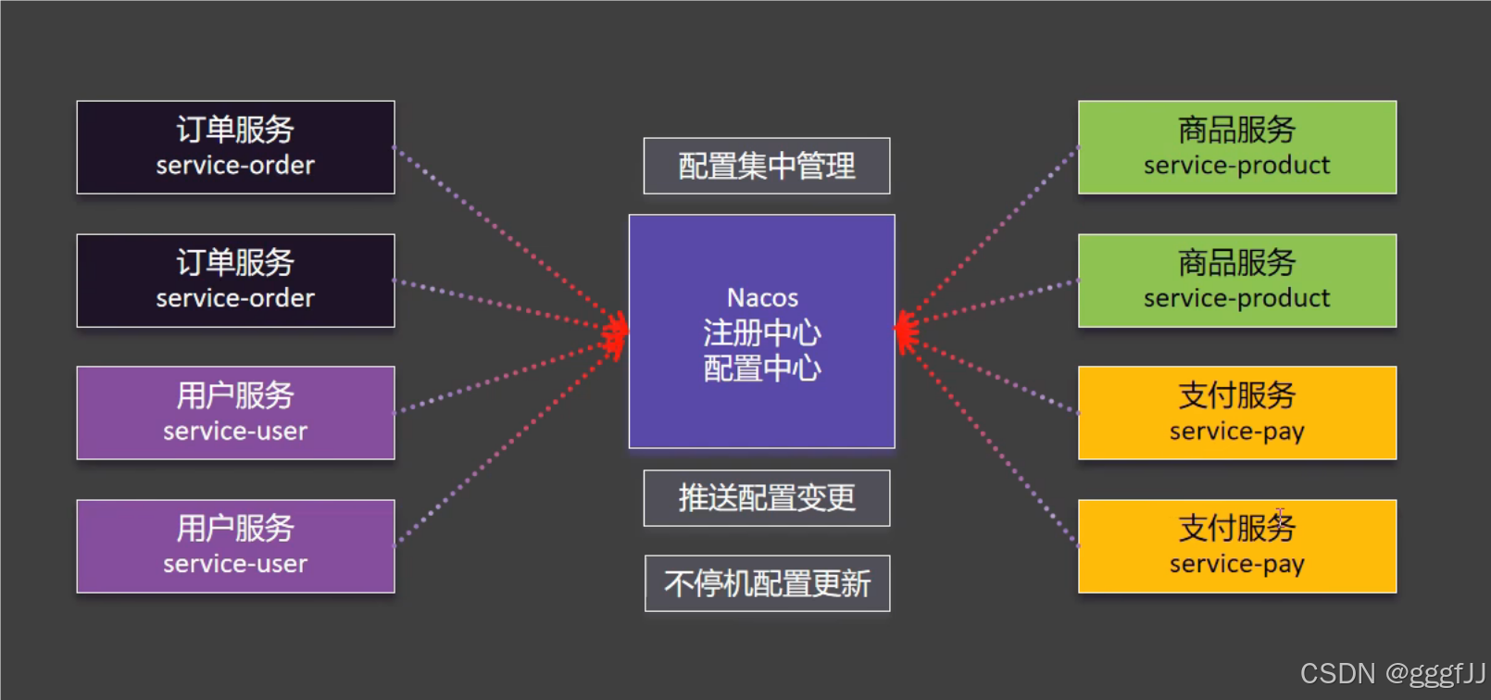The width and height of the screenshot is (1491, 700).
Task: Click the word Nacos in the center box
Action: coord(762,298)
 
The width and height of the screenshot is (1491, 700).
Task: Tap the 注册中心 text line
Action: coord(762,332)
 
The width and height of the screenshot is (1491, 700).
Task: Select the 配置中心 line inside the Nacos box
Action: coord(762,369)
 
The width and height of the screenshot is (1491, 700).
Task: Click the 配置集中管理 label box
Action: coord(767,166)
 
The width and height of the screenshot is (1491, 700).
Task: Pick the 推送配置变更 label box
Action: coord(767,498)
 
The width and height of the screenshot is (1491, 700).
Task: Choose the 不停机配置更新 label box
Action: coord(767,583)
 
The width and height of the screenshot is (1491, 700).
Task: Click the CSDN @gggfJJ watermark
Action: coord(1392,673)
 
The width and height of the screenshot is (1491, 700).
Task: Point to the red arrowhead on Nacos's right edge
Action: coord(906,331)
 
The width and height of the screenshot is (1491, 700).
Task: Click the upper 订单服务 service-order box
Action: coord(235,147)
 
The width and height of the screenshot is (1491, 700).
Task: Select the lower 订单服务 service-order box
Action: coord(235,281)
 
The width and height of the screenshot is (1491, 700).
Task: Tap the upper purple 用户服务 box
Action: coord(235,413)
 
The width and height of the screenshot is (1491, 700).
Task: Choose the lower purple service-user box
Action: coord(235,546)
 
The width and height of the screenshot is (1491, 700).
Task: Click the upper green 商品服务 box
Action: coord(1237,147)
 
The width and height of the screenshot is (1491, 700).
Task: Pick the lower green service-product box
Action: coord(1237,281)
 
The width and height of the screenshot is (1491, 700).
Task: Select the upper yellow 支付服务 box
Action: coord(1237,413)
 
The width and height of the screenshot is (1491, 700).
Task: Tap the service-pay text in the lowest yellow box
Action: coord(1237,564)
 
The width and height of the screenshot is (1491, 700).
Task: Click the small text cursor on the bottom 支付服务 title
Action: coord(1279,516)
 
